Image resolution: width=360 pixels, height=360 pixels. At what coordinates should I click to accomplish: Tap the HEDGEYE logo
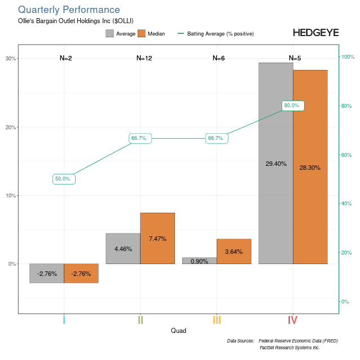tap(315, 33)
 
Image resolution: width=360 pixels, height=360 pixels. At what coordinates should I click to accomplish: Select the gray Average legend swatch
tap(109, 34)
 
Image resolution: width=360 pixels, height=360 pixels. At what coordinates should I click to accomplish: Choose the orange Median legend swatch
tap(142, 34)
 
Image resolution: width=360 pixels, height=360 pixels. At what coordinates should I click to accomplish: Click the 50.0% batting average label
tap(63, 179)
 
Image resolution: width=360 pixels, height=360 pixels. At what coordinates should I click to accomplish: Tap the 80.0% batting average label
tap(292, 106)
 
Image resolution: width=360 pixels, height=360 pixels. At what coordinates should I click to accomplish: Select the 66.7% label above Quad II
tap(140, 138)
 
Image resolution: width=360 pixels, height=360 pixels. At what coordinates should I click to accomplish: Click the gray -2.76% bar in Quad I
tap(47, 273)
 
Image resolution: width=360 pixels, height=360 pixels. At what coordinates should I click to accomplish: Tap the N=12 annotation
tap(144, 58)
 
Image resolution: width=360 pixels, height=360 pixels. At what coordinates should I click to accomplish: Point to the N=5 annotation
tap(295, 58)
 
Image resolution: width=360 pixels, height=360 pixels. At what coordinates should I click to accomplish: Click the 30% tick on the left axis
tap(10, 59)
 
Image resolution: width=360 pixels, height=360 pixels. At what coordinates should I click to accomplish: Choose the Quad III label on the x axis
tap(217, 320)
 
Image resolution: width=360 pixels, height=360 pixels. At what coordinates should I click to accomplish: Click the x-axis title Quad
tap(178, 331)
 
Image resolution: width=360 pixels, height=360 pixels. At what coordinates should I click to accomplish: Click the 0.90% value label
tap(200, 261)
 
